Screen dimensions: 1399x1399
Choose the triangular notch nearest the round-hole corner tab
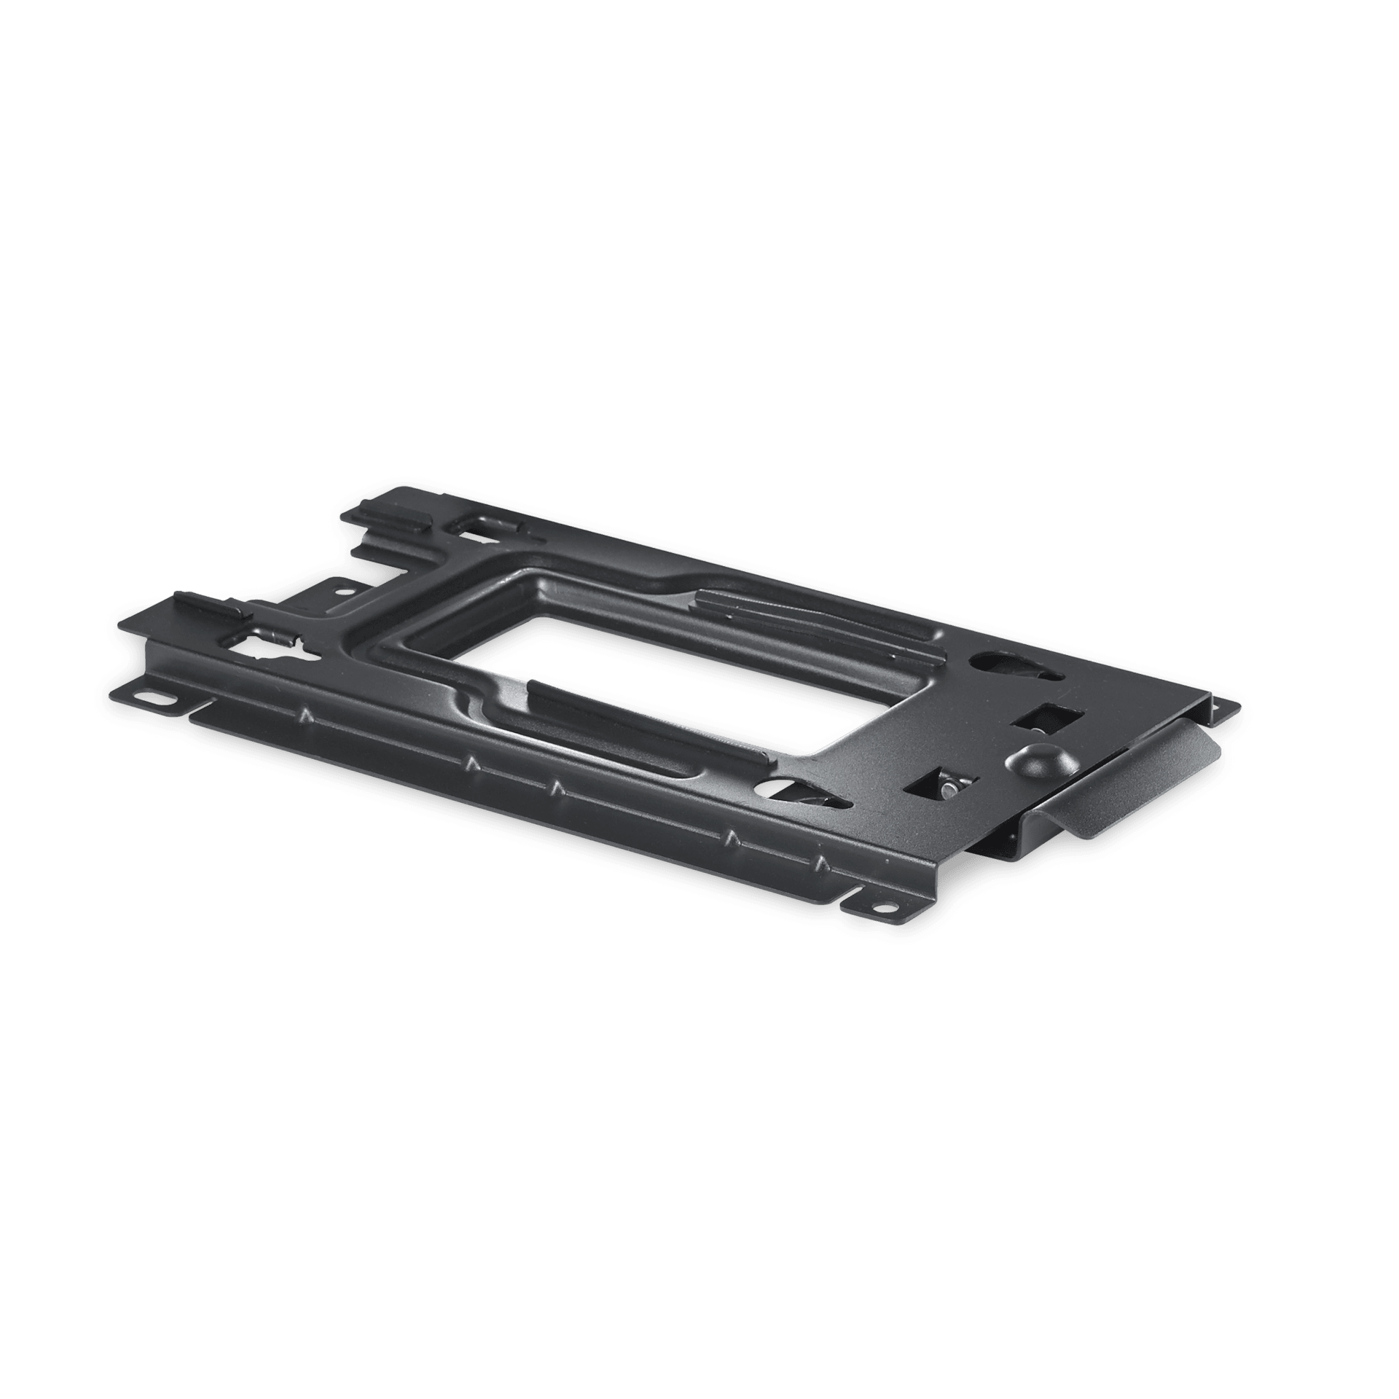point(822,864)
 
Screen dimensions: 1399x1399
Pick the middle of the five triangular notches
point(555,788)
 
